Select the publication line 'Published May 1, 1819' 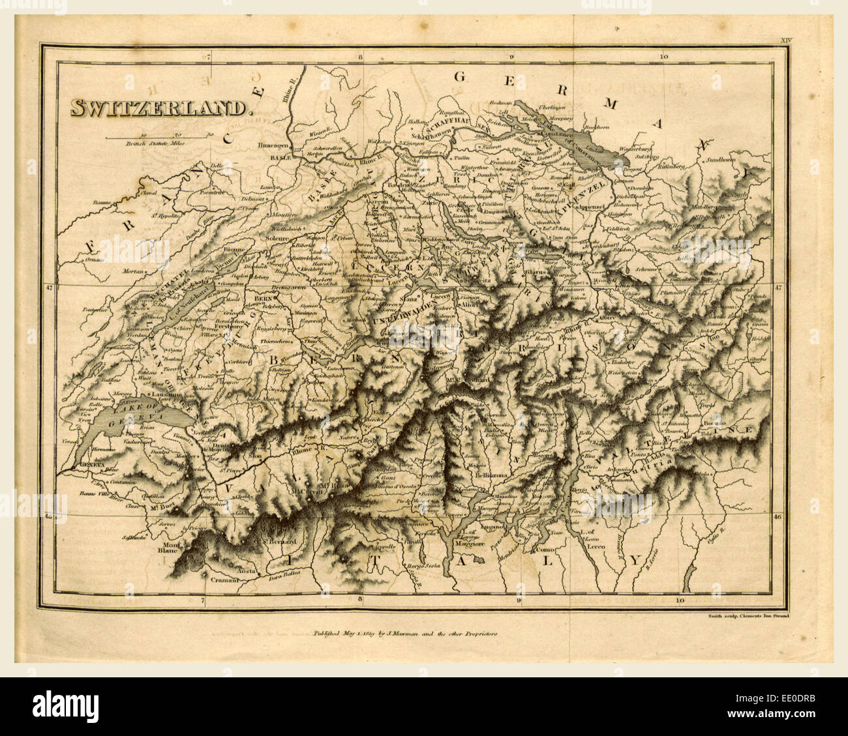pos(405,632)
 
